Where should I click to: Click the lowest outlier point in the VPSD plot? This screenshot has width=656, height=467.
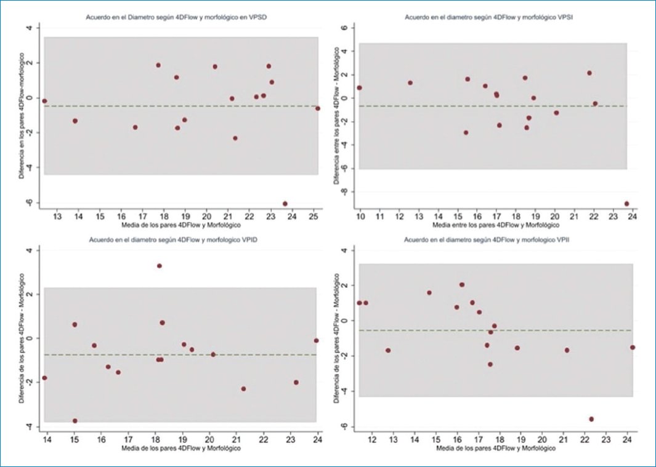(285, 204)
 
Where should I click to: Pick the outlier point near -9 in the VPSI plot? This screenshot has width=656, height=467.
(626, 204)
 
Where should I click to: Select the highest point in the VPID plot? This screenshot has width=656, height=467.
(159, 266)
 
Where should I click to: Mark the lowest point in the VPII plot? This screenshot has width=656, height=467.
(591, 419)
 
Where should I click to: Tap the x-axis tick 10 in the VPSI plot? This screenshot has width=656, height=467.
(360, 217)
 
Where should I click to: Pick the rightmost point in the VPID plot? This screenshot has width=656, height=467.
(316, 340)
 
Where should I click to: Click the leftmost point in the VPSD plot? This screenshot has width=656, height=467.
(44, 101)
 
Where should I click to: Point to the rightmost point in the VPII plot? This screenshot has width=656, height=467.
(632, 347)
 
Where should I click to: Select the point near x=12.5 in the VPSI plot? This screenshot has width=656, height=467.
(410, 82)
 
